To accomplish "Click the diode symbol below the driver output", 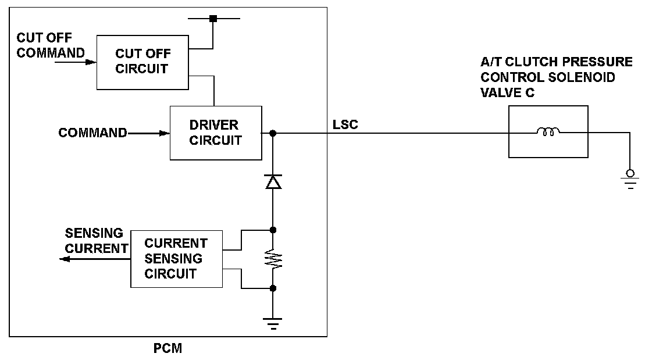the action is tap(273, 181).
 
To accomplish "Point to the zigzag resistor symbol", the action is tap(273, 259).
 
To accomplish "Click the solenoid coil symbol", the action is tap(548, 131).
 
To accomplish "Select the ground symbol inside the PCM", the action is tap(273, 323).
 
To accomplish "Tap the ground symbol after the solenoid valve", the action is tap(630, 180).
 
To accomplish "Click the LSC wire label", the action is tap(345, 124).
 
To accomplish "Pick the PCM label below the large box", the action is tap(167, 349).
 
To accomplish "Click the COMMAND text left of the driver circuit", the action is tap(92, 133).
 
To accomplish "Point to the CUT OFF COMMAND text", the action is tap(51, 45).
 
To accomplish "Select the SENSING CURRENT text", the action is tap(97, 241).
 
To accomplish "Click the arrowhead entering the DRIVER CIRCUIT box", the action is tap(165, 133).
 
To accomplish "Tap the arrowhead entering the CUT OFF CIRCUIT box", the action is tap(91, 62).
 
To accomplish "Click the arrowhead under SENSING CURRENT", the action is tap(65, 259).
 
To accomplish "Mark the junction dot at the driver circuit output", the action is tap(273, 133).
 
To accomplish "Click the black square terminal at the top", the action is tap(213, 19).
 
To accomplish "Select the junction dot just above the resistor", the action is tap(273, 230).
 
